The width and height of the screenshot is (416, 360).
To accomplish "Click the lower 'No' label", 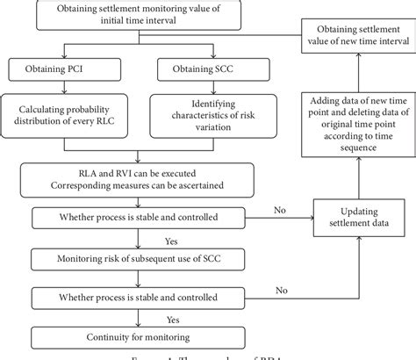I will [282, 288].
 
